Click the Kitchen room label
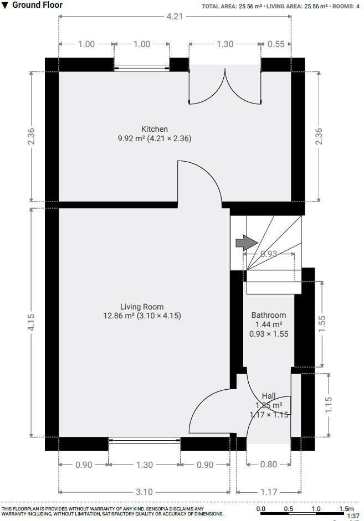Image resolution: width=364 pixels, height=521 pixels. point(154,129)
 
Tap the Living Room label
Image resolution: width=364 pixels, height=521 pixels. point(142,307)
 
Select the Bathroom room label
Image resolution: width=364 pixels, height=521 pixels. point(269,315)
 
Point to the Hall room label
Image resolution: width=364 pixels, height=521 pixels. point(269,396)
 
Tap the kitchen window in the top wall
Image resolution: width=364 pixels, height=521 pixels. point(142,68)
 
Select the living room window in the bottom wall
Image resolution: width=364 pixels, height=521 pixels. point(144,441)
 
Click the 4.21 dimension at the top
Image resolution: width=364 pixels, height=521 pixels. point(175,16)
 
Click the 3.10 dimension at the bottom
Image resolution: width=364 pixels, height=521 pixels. point(144,492)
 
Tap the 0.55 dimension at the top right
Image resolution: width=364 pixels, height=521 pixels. point(275,44)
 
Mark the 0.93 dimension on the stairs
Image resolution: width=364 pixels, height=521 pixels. point(269,254)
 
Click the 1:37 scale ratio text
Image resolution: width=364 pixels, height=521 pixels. point(352,516)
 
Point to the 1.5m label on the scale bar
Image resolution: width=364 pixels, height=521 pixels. point(346,509)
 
